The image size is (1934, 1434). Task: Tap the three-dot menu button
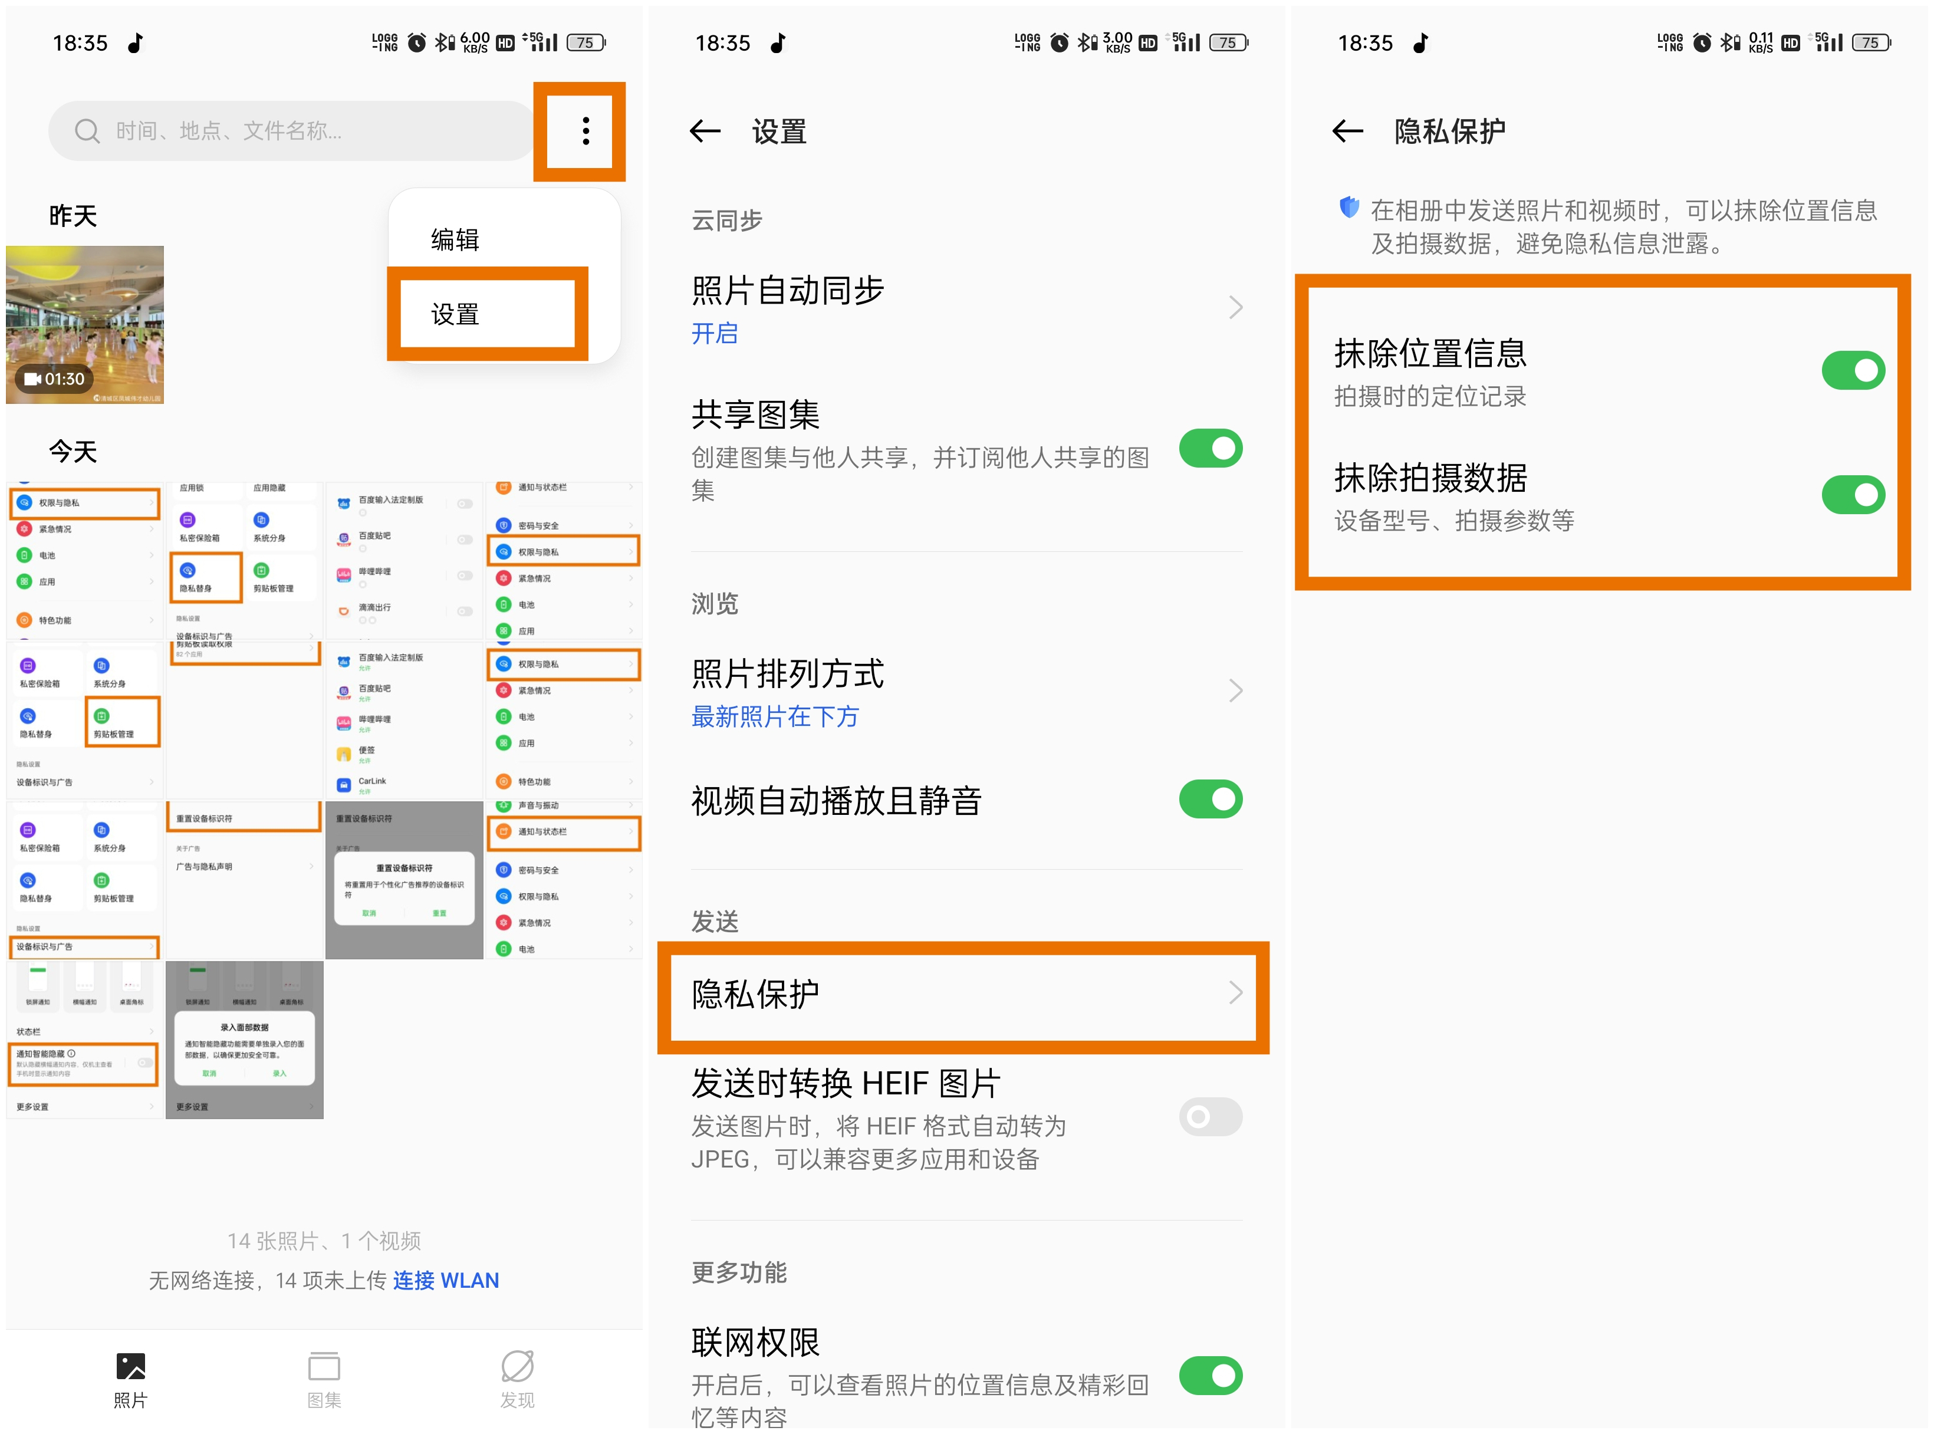586,131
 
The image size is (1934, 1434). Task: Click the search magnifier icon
87,131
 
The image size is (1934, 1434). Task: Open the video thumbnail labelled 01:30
85,325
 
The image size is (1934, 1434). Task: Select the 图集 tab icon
324,1367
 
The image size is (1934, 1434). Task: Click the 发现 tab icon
517,1367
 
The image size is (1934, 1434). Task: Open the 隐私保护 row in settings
963,995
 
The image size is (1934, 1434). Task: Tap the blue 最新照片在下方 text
774,717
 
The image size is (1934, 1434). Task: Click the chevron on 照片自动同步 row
1235,307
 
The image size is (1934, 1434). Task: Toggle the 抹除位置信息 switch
1853,371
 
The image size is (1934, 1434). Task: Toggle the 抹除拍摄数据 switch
1853,495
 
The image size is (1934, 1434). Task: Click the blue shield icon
1349,208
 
